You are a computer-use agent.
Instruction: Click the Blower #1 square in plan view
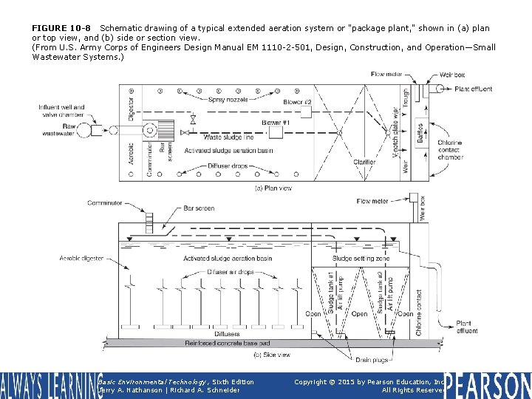(x=276, y=132)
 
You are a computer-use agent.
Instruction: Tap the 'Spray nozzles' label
(x=227, y=99)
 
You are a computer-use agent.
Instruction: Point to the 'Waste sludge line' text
(x=228, y=137)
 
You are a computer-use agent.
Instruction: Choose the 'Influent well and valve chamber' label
(x=62, y=111)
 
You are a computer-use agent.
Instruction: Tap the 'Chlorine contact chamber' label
(x=470, y=149)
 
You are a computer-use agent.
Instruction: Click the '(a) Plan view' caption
(x=273, y=188)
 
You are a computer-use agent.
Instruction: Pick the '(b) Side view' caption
(x=271, y=355)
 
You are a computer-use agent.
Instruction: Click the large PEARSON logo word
(x=487, y=385)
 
